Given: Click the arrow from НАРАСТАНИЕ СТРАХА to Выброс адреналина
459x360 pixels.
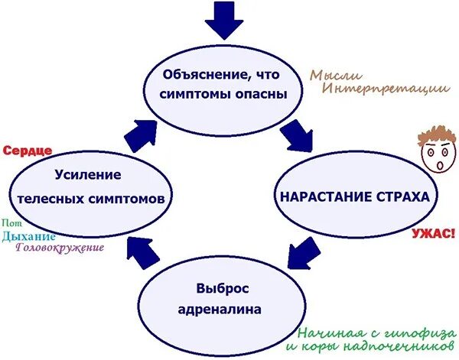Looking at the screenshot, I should click(x=302, y=252).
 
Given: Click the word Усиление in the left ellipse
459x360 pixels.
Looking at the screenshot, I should click(x=87, y=175).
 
